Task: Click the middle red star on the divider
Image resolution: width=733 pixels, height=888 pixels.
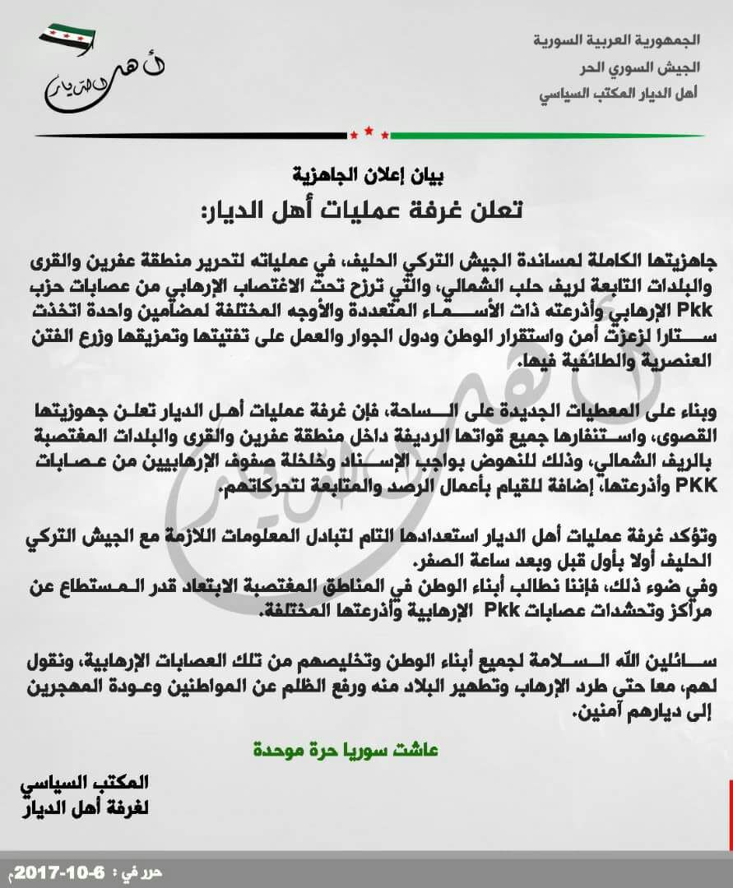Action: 369,130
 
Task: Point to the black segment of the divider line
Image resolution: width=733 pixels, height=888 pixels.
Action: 189,135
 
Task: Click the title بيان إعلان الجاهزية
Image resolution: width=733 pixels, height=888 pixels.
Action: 368,174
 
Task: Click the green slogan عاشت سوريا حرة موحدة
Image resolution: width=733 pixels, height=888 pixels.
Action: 346,750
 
